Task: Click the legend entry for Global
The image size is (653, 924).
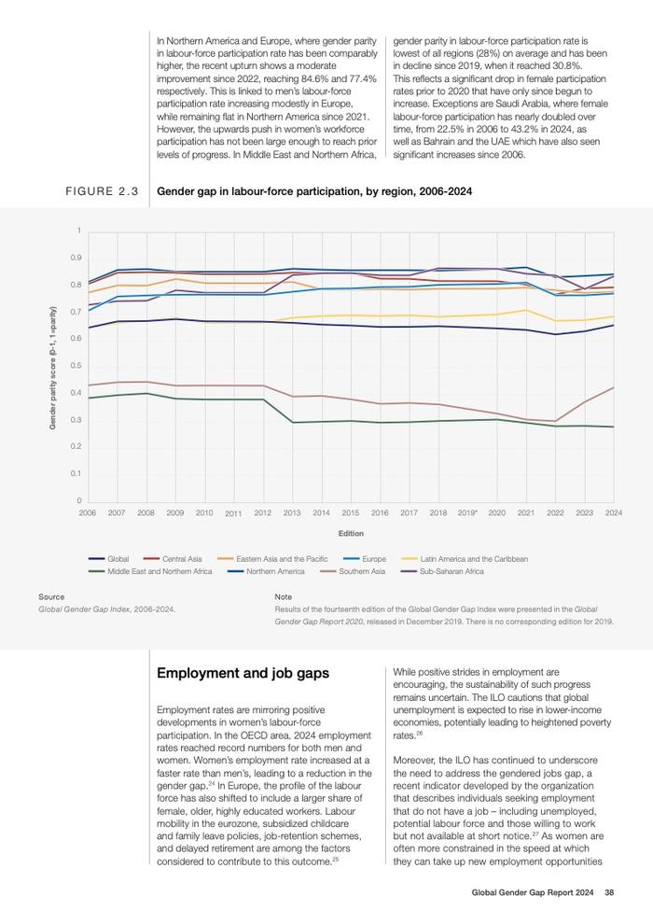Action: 108,559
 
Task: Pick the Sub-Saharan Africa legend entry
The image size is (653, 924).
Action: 442,571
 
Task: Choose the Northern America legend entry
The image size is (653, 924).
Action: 266,571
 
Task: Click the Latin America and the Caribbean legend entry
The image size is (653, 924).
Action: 465,559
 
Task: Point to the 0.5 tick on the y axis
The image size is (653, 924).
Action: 76,365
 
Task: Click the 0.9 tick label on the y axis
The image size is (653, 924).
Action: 76,258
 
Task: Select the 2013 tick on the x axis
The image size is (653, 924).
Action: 292,512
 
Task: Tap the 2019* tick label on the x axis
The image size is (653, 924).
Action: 467,512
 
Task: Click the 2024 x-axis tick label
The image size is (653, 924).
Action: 614,512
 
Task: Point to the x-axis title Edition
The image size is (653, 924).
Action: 351,533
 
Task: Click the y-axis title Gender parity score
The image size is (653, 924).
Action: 52,368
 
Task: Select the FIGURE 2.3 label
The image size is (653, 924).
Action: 102,191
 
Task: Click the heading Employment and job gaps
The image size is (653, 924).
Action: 243,673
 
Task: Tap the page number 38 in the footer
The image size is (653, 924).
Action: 609,892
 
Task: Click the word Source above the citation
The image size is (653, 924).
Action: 51,597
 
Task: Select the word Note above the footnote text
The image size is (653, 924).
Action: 284,597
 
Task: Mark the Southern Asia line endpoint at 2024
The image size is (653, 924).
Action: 614,387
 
